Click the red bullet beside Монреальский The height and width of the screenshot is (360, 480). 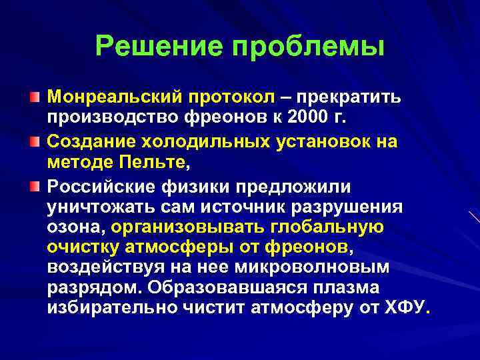coord(34,98)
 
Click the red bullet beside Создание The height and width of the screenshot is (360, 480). coord(34,141)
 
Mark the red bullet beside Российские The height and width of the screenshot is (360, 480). coord(34,184)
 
